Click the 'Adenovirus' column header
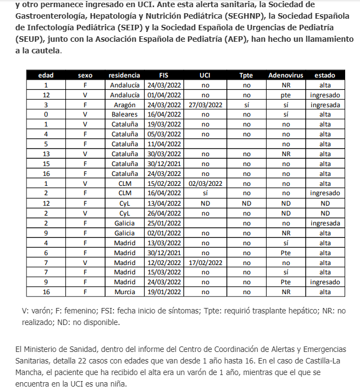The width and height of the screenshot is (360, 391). click(285, 75)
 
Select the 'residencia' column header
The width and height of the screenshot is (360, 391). click(124, 75)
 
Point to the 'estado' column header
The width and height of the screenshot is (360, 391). click(325, 75)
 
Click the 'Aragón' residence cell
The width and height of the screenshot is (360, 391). click(124, 105)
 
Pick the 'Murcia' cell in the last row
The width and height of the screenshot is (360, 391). click(124, 292)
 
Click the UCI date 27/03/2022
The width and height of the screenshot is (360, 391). click(204, 105)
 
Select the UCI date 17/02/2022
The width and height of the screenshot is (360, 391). click(204, 262)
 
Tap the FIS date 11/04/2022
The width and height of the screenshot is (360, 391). click(164, 144)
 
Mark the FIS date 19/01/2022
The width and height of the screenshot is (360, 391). click(164, 292)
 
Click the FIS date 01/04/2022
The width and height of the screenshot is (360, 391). click(164, 95)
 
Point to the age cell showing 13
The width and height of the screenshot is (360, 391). click(46, 154)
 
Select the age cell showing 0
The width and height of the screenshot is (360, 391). click(46, 115)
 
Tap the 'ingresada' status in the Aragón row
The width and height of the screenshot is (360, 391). click(325, 105)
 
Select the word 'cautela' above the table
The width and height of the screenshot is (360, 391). click(47, 51)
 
